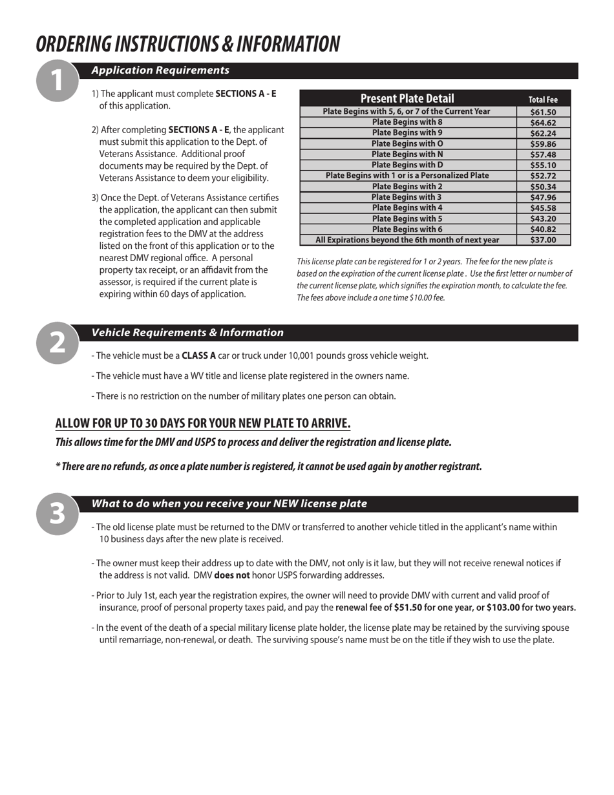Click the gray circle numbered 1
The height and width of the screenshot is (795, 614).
click(58, 81)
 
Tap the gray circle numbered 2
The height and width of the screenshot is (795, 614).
click(58, 343)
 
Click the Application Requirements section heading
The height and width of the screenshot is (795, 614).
click(160, 70)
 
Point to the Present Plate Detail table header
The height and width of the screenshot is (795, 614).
click(407, 98)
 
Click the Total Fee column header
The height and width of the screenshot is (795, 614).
click(543, 100)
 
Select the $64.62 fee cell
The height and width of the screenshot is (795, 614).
click(543, 122)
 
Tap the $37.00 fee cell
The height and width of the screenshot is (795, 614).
click(543, 240)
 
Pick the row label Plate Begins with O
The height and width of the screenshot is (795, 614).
click(407, 143)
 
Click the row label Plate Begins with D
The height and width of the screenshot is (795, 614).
click(407, 165)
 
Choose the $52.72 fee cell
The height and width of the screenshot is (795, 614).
click(543, 176)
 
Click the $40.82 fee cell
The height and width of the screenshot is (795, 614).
click(543, 229)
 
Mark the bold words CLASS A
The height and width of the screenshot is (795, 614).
click(198, 355)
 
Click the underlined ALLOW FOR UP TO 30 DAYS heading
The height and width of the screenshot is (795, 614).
click(203, 424)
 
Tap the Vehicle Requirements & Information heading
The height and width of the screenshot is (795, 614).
click(187, 333)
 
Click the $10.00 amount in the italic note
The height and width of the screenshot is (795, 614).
click(419, 298)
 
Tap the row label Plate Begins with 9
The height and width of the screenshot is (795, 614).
click(407, 132)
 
